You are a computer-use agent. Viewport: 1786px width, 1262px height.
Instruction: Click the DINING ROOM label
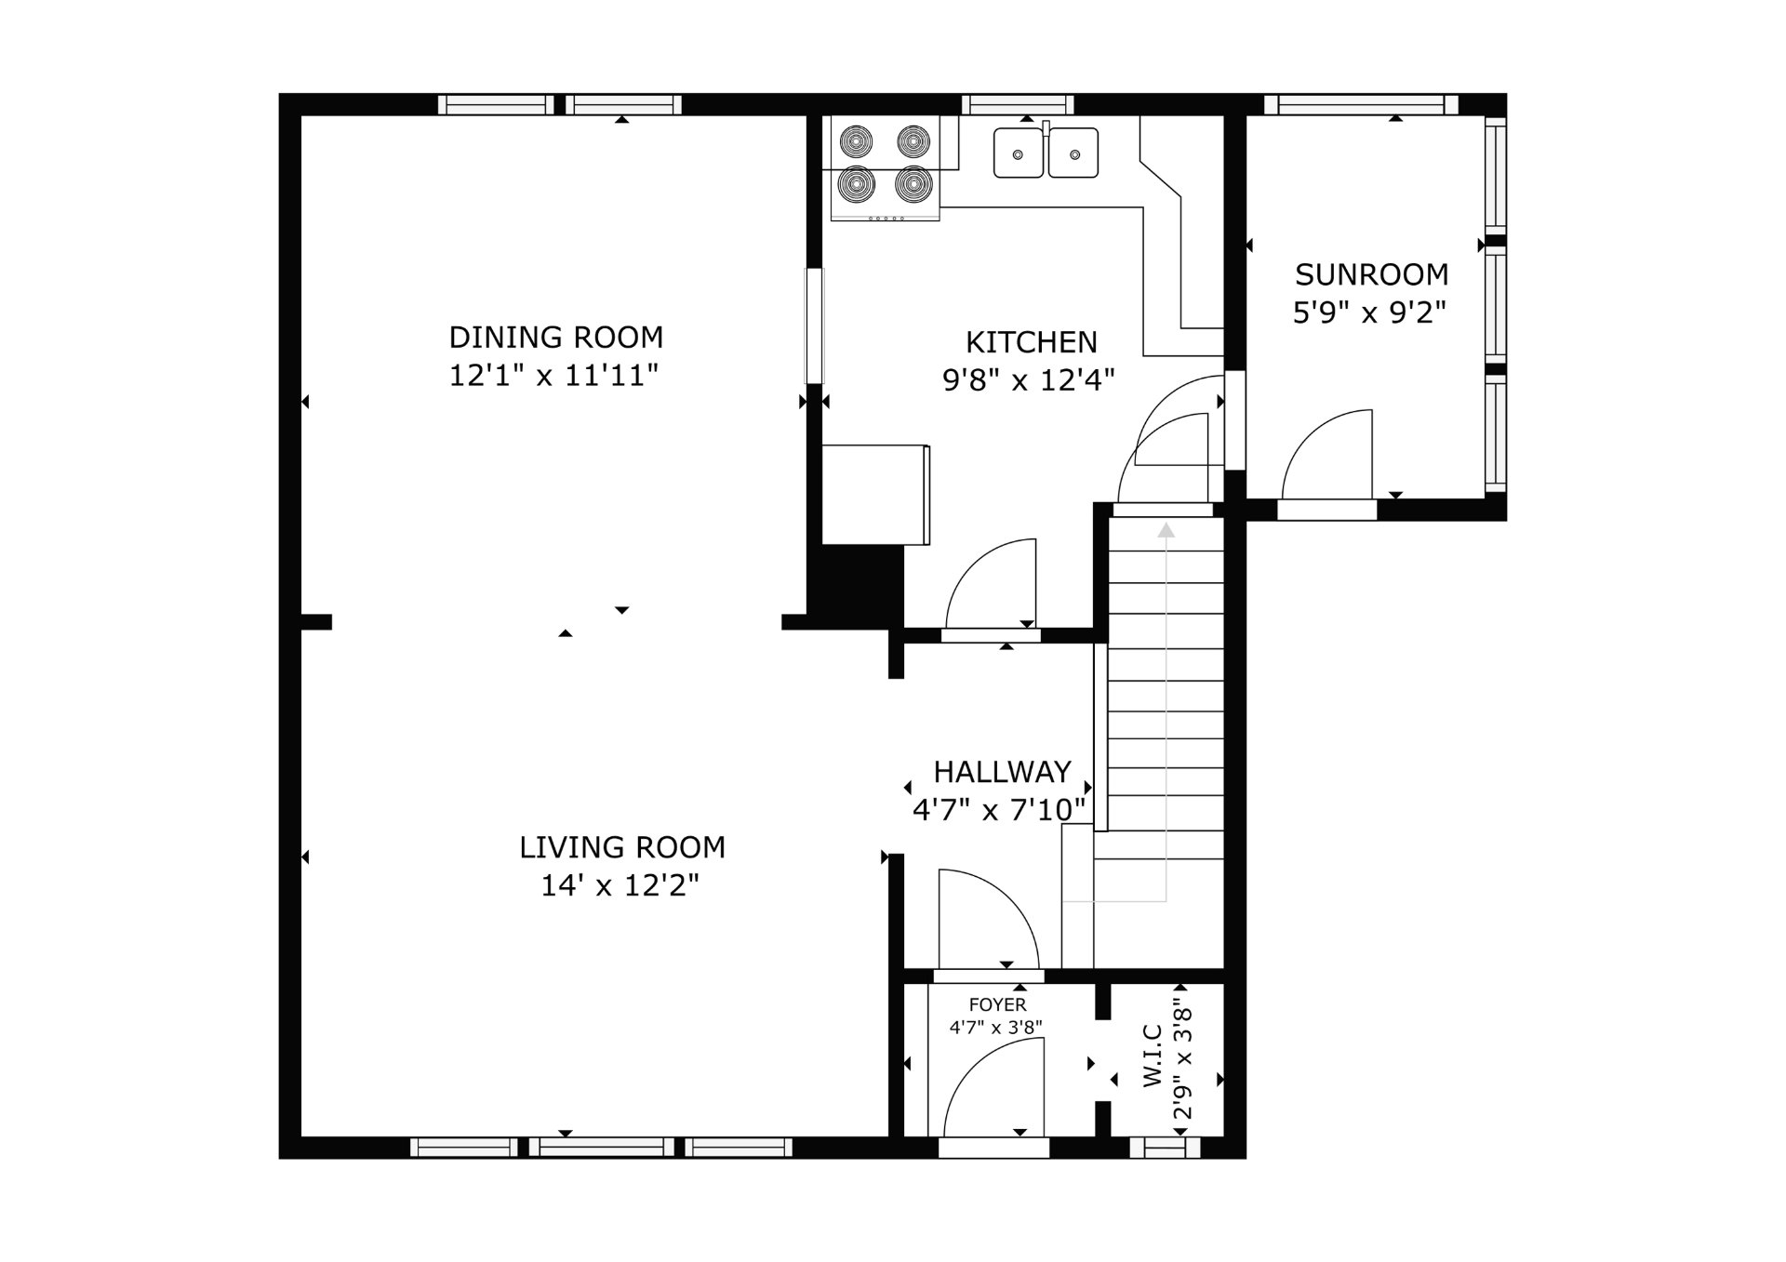(x=555, y=337)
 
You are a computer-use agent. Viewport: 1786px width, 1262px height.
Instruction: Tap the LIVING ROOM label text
(x=622, y=847)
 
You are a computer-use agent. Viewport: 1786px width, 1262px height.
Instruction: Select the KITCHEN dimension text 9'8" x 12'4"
(x=1029, y=380)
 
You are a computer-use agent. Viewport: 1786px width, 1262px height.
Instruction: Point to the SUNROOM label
(x=1371, y=274)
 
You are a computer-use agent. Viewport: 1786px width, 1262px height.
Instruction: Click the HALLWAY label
(x=1002, y=772)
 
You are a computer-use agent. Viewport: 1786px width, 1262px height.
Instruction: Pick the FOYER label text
(x=997, y=1005)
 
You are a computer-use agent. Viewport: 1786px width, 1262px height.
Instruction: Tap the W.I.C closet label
(x=1153, y=1056)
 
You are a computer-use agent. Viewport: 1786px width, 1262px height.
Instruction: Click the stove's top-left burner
(x=856, y=141)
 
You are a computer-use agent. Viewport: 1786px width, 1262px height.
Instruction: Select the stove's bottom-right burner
(x=913, y=184)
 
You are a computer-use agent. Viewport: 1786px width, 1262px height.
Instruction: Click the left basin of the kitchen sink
(x=1019, y=153)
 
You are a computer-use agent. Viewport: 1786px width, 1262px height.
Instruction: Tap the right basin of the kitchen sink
(x=1073, y=153)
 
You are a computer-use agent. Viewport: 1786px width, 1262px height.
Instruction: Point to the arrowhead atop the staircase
(x=1166, y=530)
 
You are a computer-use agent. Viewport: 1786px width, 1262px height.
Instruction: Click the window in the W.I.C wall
(x=1165, y=1148)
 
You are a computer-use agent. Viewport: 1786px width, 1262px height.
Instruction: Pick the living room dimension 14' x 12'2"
(x=620, y=885)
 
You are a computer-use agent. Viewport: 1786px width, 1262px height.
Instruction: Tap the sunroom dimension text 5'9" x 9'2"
(x=1370, y=312)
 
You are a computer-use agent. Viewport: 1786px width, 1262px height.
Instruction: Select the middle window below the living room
(x=602, y=1148)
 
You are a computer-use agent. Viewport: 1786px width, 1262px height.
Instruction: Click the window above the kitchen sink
(x=1018, y=104)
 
